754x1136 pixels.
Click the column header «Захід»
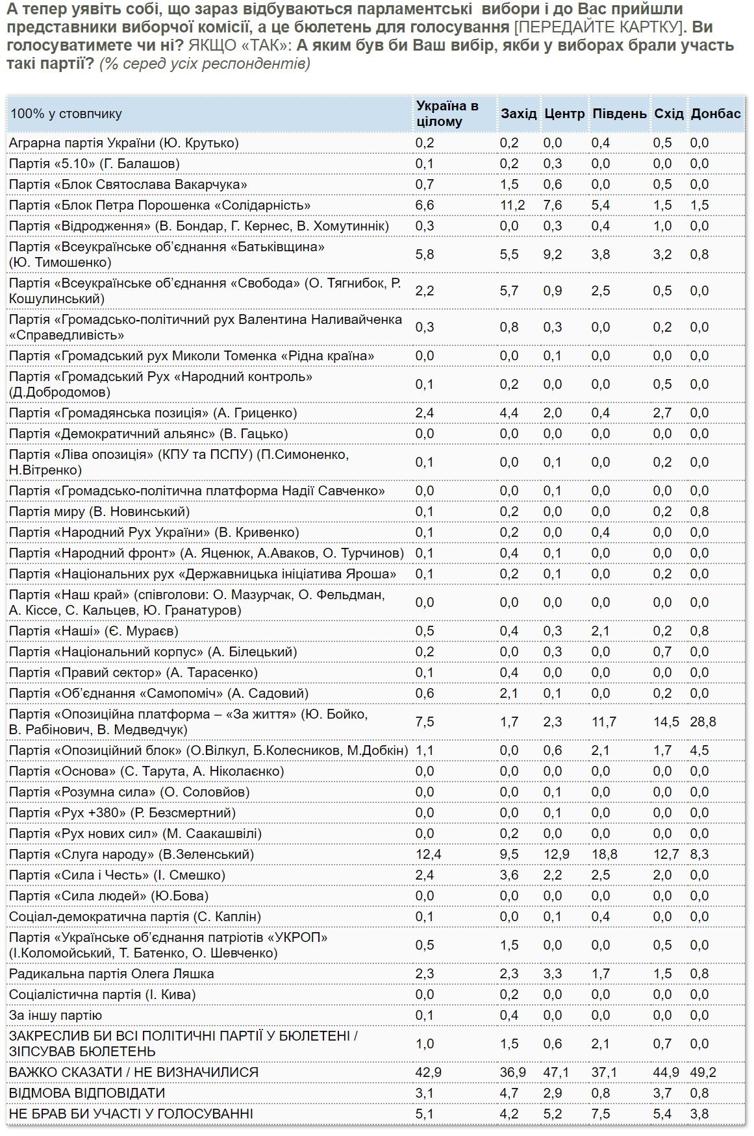click(x=518, y=114)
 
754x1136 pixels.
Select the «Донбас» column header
click(x=716, y=114)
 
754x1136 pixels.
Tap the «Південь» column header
click(x=620, y=114)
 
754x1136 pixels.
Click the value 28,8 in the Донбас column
click(x=703, y=722)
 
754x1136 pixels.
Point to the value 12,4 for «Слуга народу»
click(x=428, y=854)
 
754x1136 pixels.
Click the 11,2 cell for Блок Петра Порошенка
click(x=512, y=205)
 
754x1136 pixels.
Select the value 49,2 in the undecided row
click(x=703, y=1072)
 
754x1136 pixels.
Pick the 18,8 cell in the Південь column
click(x=604, y=854)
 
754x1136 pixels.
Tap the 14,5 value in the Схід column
click(x=666, y=722)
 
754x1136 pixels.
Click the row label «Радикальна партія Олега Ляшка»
click(x=111, y=974)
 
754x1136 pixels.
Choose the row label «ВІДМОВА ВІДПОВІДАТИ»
click(x=87, y=1093)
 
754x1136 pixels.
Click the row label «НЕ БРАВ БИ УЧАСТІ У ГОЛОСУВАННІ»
click(x=131, y=1114)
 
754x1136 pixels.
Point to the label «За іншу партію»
click(x=55, y=1015)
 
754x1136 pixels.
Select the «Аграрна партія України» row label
click(x=124, y=143)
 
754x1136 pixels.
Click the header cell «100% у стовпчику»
click(x=66, y=114)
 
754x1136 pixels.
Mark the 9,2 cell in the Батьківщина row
click(x=553, y=254)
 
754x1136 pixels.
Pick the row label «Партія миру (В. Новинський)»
click(x=99, y=512)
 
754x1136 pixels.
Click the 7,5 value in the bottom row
click(x=601, y=1114)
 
